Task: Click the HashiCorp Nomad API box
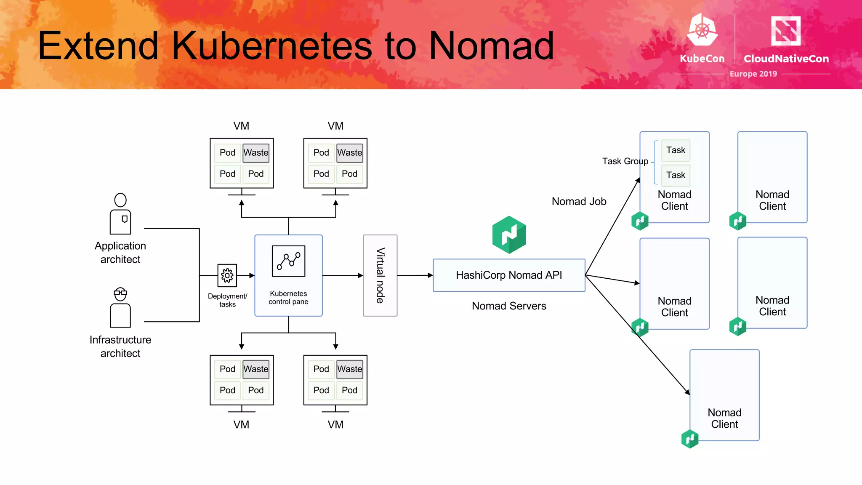point(508,275)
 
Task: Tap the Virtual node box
point(380,275)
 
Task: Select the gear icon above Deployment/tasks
point(227,275)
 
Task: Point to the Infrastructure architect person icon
point(120,308)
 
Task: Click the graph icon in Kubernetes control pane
point(288,261)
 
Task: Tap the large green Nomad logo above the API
point(509,235)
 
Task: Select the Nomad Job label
point(579,202)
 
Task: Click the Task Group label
point(625,161)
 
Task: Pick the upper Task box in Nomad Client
point(676,150)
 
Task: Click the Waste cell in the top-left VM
point(256,153)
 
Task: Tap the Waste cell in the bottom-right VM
point(349,369)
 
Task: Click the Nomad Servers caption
point(508,306)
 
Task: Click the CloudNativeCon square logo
point(785,31)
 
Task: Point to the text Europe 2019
point(753,74)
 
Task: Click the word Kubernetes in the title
point(272,45)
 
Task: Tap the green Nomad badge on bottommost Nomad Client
point(689,439)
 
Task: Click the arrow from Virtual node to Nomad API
point(415,275)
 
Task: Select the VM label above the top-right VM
point(335,126)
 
